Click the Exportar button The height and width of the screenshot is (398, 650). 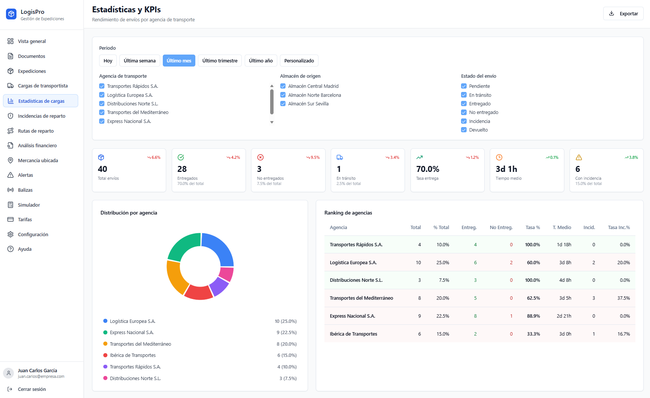pos(623,13)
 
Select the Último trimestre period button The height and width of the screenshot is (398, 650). pos(220,61)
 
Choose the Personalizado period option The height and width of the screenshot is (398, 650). pos(299,61)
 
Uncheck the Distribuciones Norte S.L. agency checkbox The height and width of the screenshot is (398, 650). pos(102,104)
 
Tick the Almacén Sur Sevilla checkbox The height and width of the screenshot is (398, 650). pos(283,104)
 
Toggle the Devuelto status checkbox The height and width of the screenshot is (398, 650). pos(464,130)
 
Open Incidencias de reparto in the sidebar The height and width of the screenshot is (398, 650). pos(41,116)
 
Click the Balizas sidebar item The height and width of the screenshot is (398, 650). pos(25,190)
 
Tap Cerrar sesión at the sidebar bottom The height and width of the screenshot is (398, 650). pos(31,389)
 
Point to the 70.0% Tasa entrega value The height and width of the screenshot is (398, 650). pos(427,169)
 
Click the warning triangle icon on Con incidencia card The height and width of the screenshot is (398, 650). pos(579,157)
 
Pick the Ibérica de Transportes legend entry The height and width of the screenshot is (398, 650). pos(132,355)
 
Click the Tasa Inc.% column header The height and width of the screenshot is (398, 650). pos(619,227)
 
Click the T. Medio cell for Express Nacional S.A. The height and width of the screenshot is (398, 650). pos(564,316)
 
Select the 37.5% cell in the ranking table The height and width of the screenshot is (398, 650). pos(623,298)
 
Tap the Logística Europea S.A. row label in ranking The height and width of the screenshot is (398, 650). pos(353,262)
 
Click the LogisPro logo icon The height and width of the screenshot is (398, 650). pos(11,14)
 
